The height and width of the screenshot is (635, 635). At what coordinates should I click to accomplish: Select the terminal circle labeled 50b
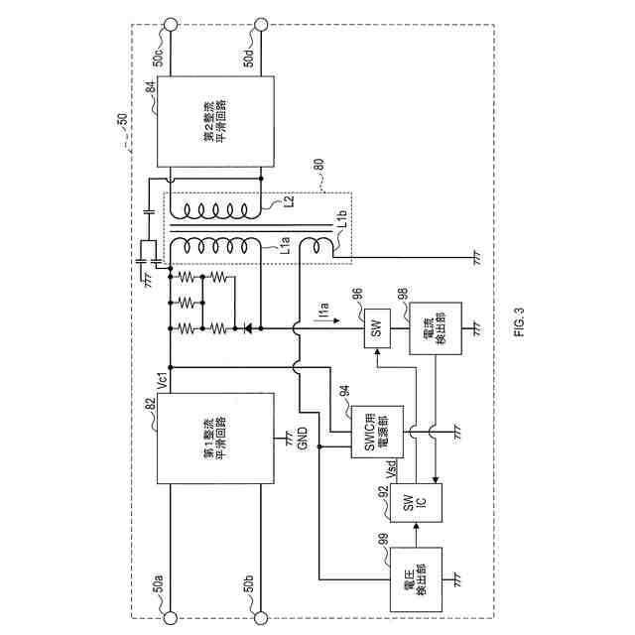pyautogui.click(x=260, y=613)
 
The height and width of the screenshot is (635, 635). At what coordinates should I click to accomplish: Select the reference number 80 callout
pyautogui.click(x=319, y=181)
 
